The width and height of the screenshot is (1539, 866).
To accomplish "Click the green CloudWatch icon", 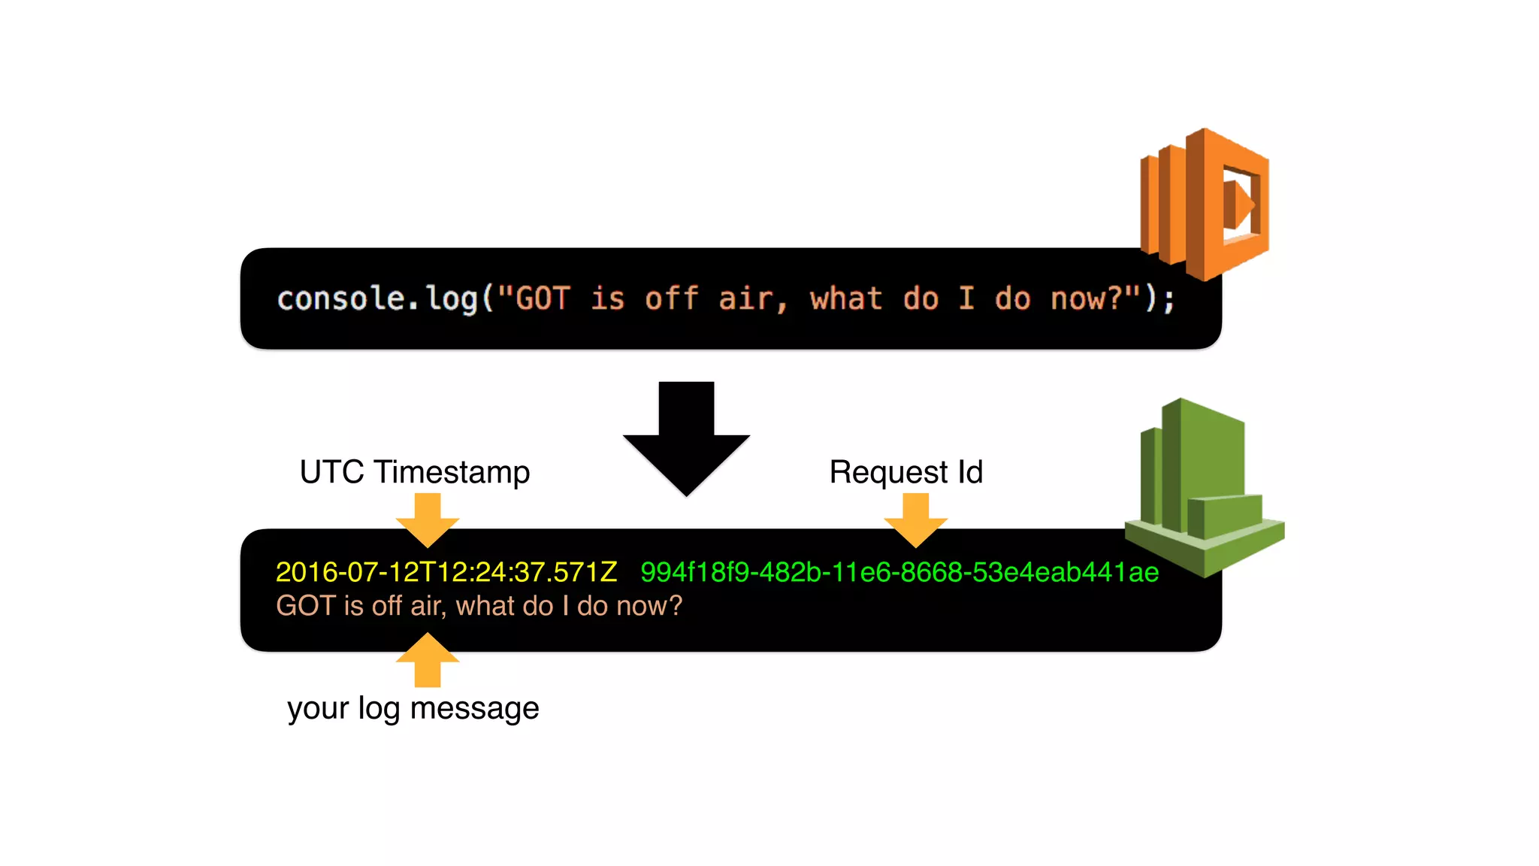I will [1204, 489].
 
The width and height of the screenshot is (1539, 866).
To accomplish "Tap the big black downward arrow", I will [686, 439].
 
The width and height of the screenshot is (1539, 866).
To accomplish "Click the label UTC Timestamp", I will [415, 472].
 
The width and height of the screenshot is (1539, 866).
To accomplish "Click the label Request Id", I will [906, 472].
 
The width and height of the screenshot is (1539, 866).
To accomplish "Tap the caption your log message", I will [413, 708].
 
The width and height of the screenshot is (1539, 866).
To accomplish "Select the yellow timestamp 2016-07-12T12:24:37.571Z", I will [446, 572].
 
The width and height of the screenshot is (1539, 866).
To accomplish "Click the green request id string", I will [900, 572].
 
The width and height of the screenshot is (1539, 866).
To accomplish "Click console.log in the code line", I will [378, 299].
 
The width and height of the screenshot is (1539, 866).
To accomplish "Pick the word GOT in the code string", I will [543, 299].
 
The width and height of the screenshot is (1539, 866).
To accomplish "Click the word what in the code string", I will [846, 299].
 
